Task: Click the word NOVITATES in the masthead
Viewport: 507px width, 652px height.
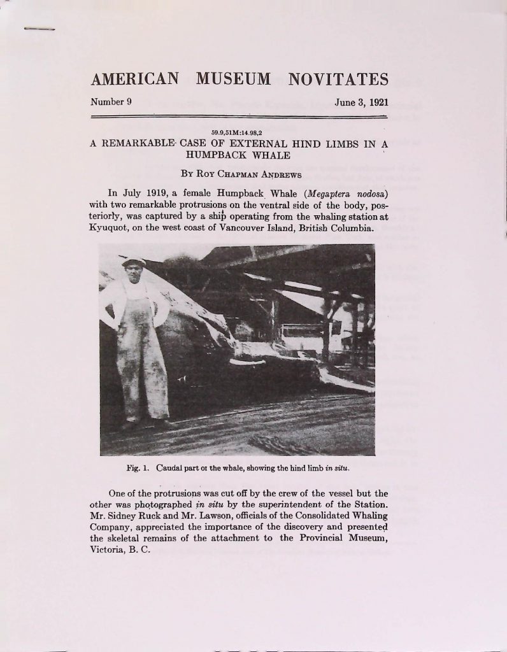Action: click(x=338, y=80)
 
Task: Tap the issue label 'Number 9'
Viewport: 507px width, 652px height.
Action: click(x=111, y=102)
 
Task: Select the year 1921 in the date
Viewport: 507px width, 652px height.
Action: click(x=376, y=103)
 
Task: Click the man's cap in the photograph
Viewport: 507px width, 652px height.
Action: click(x=134, y=261)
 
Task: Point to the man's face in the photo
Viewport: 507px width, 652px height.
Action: click(x=134, y=272)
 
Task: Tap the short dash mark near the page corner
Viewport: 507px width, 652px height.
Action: click(x=39, y=29)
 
